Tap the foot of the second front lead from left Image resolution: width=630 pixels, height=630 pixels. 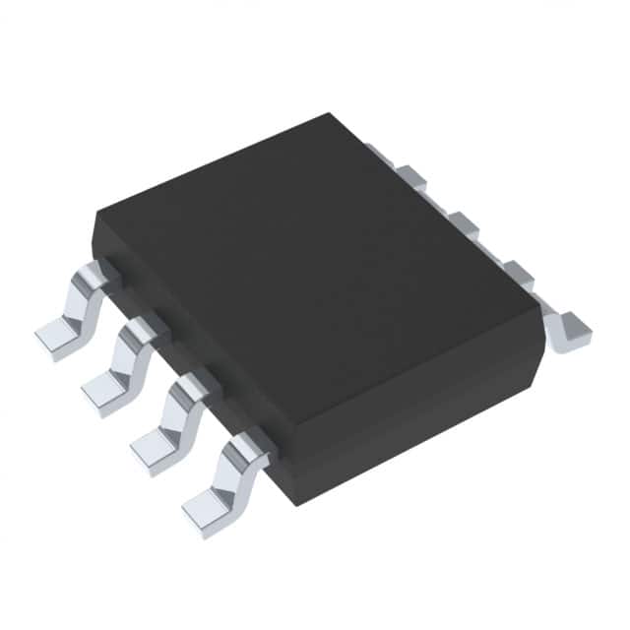[101, 392]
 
